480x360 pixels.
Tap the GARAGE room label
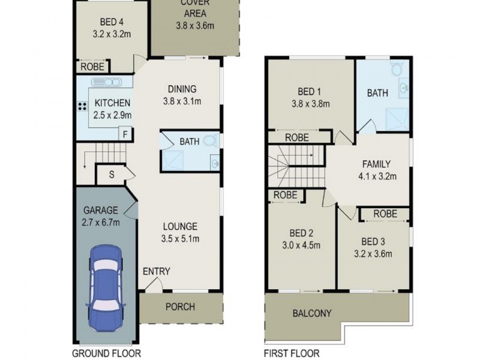(x=101, y=211)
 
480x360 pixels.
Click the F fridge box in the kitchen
(x=125, y=134)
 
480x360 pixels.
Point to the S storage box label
(x=112, y=175)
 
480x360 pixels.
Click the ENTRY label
(x=156, y=272)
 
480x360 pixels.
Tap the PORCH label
(x=180, y=307)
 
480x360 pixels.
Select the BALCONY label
(x=312, y=313)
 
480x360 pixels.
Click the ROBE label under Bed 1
(x=297, y=137)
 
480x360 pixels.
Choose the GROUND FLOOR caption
(x=106, y=353)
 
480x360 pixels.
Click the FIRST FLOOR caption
(x=292, y=353)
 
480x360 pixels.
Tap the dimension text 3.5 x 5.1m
(x=181, y=239)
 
